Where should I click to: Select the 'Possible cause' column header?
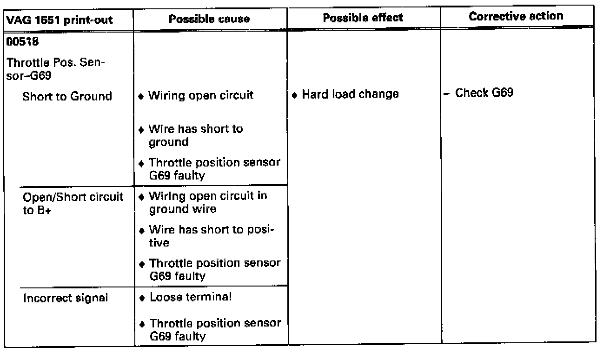coord(209,19)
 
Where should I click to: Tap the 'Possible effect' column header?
coord(363,18)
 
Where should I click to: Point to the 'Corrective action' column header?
coord(516,16)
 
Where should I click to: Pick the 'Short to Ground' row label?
coord(67,96)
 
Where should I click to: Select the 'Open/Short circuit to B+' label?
coord(73,203)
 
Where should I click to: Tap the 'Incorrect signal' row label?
coord(66,298)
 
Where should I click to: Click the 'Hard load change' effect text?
coord(350,94)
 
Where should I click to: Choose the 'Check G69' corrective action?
coord(484,93)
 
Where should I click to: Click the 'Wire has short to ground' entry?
coord(195,135)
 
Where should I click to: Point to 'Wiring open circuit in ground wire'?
coord(207,203)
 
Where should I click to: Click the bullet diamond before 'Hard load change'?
coord(295,95)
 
